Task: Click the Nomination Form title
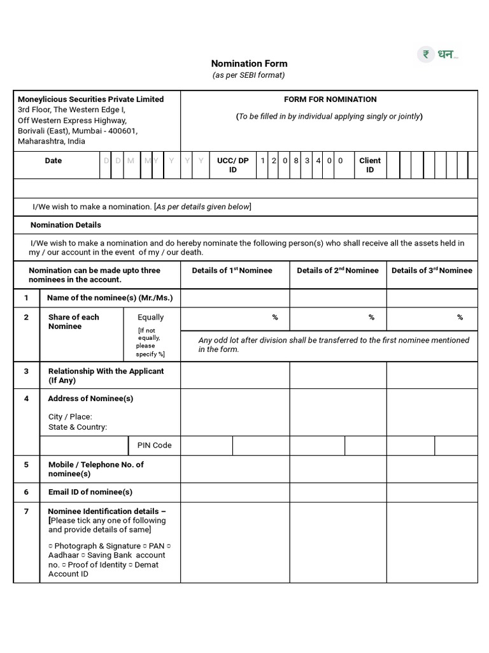tap(249, 64)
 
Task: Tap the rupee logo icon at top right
tap(425, 55)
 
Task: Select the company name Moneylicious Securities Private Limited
tap(90, 99)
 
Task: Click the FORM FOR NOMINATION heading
tap(330, 99)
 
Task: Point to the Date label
tap(53, 161)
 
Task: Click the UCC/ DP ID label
tap(232, 165)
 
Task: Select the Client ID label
tap(370, 165)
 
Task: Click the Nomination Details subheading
tap(66, 225)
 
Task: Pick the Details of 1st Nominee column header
tap(232, 270)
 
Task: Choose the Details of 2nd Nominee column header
tap(337, 270)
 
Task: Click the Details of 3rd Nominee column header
tap(432, 270)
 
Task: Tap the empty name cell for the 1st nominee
tap(235, 298)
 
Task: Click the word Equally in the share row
tap(151, 317)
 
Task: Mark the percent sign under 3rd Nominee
tap(460, 317)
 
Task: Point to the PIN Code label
tap(154, 445)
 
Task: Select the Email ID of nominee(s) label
tap(90, 492)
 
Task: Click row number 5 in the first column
tap(27, 465)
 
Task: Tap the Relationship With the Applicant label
tap(106, 376)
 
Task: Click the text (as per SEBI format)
tap(249, 75)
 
